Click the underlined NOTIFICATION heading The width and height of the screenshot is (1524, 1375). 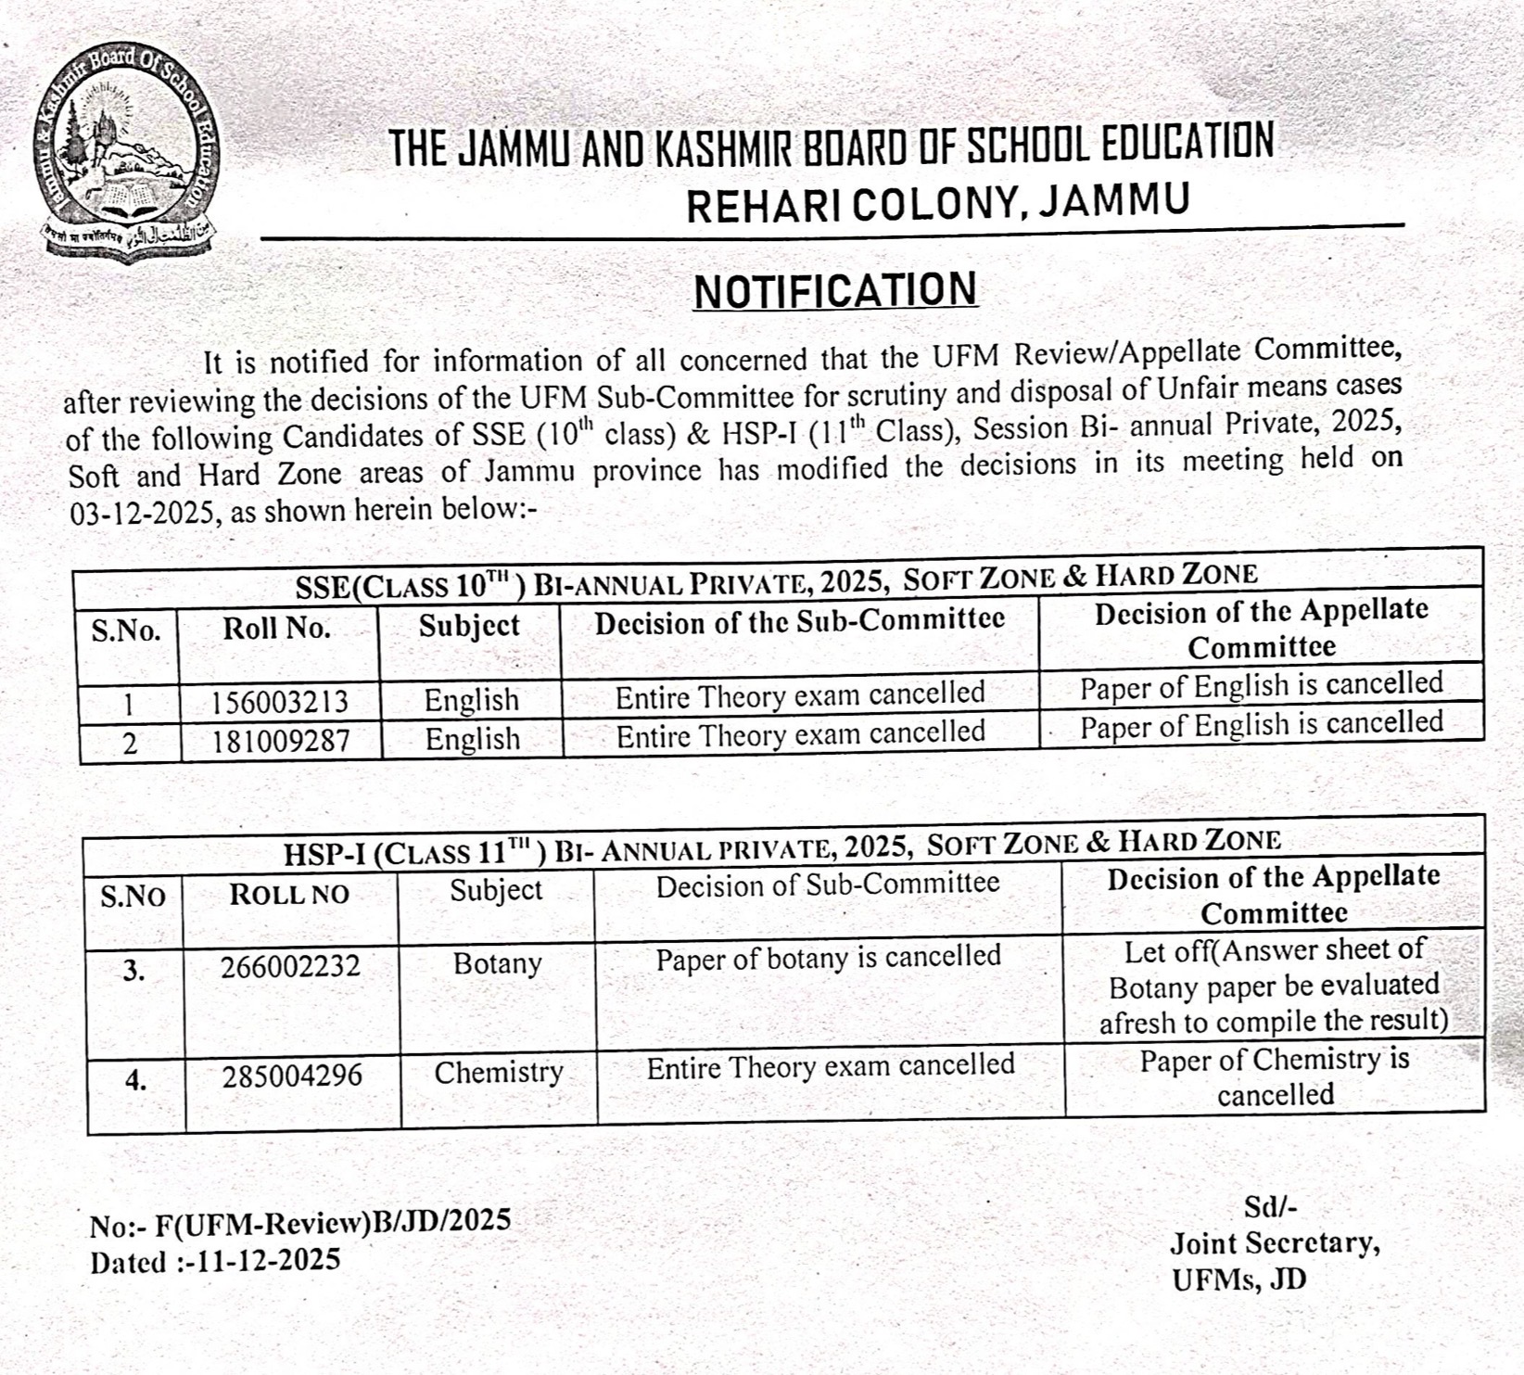coord(835,291)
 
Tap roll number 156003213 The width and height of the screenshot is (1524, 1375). coord(279,701)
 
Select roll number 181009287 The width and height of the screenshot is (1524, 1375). coord(279,741)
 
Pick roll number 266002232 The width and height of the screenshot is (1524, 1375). coord(290,967)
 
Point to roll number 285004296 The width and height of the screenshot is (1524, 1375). coord(292,1076)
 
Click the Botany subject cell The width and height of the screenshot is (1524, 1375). coord(497,964)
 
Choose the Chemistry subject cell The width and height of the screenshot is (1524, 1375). coord(499,1073)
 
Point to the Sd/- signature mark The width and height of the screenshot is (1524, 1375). coord(1270,1206)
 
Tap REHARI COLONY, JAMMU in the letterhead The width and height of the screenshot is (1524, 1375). coord(937,204)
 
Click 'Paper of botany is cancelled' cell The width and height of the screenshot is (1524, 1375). coord(828,958)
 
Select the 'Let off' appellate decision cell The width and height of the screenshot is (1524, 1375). coord(1274,986)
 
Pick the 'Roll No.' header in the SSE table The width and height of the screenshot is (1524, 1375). coord(276,629)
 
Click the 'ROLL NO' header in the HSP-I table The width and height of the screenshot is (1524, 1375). coord(289,894)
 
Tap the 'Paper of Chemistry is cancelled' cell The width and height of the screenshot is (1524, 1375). coord(1275,1076)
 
